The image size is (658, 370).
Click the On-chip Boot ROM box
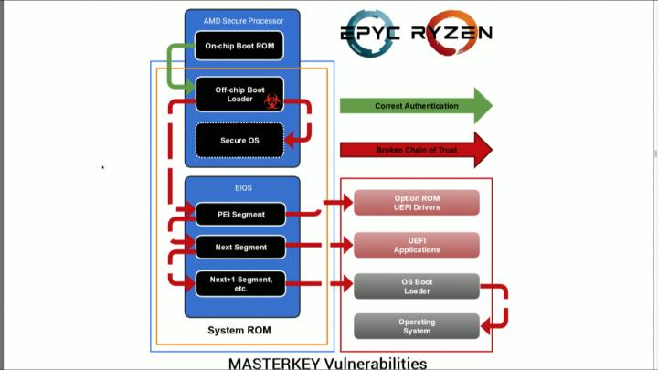point(240,46)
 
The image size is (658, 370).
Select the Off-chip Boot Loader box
point(233,94)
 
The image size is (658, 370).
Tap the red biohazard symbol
point(271,102)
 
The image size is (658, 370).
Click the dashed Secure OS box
point(240,141)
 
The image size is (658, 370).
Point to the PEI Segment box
point(240,215)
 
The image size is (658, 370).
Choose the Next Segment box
point(240,247)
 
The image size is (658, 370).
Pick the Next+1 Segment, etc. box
point(240,284)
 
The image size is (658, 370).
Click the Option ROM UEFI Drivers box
point(417,203)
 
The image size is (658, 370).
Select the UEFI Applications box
point(417,245)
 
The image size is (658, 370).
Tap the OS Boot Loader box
point(417,287)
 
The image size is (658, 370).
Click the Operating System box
point(417,326)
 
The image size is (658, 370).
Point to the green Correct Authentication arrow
point(416,106)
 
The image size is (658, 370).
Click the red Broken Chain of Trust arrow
point(416,150)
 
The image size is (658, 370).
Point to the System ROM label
point(240,330)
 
